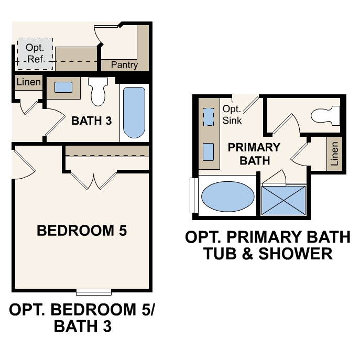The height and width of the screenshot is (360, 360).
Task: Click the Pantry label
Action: tap(125, 65)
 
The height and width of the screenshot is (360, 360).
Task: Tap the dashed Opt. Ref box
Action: tap(35, 53)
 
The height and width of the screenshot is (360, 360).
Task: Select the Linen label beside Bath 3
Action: tap(28, 82)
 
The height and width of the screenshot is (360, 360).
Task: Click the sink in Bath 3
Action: tap(63, 88)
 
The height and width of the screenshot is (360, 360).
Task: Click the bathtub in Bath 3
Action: tap(134, 112)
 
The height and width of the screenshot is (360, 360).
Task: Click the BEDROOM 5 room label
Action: tap(82, 231)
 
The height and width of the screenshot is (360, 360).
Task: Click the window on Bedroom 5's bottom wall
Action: tap(94, 292)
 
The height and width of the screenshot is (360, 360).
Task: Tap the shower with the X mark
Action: tap(283, 199)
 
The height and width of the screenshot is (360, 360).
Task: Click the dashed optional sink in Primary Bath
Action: tap(208, 117)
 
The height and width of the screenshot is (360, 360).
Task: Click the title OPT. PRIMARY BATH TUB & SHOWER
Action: tap(267, 245)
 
